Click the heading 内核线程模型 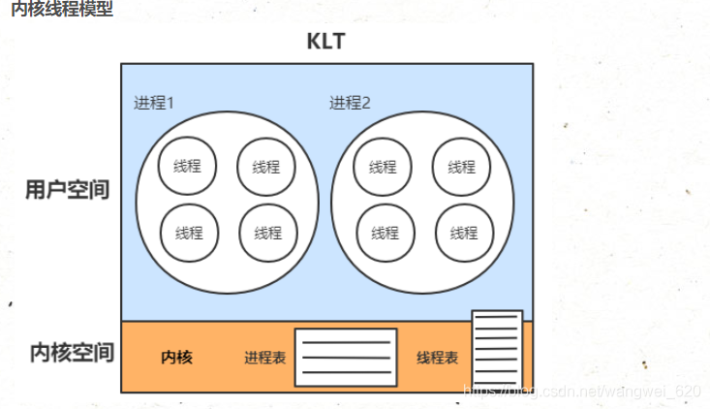[x=61, y=10]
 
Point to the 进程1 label [x=154, y=103]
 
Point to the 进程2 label [x=350, y=103]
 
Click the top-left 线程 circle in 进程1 [x=188, y=165]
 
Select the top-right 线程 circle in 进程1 [x=266, y=165]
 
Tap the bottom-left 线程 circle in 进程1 [x=188, y=233]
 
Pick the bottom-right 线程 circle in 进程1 [x=267, y=233]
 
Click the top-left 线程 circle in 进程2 [x=384, y=165]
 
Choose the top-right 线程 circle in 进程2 [x=462, y=165]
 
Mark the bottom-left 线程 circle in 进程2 [x=385, y=233]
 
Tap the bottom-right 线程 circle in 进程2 [x=463, y=233]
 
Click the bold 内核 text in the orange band [x=176, y=358]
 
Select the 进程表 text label [x=264, y=358]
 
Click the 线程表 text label [x=437, y=358]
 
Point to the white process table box [x=346, y=357]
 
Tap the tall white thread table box [x=497, y=349]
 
